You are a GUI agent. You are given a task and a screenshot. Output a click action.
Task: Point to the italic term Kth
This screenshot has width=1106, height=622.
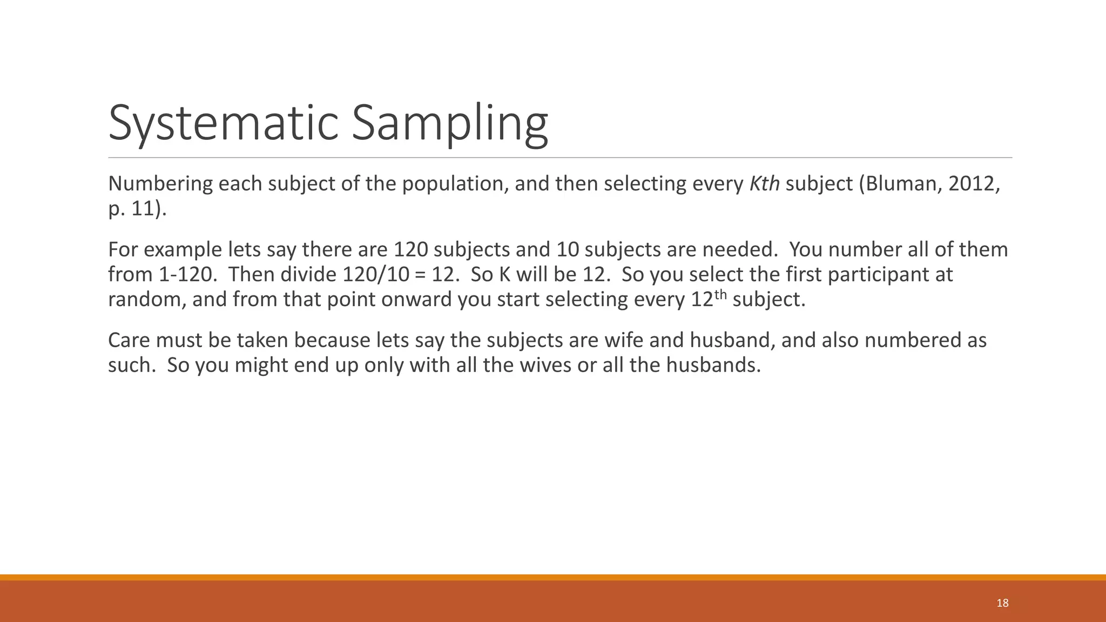point(765,184)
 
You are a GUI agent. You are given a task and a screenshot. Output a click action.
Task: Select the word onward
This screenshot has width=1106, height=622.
point(416,300)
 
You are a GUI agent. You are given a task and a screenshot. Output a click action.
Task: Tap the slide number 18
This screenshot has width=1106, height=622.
point(1002,603)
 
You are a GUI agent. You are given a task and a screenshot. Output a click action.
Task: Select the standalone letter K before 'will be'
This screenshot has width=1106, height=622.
point(504,275)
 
